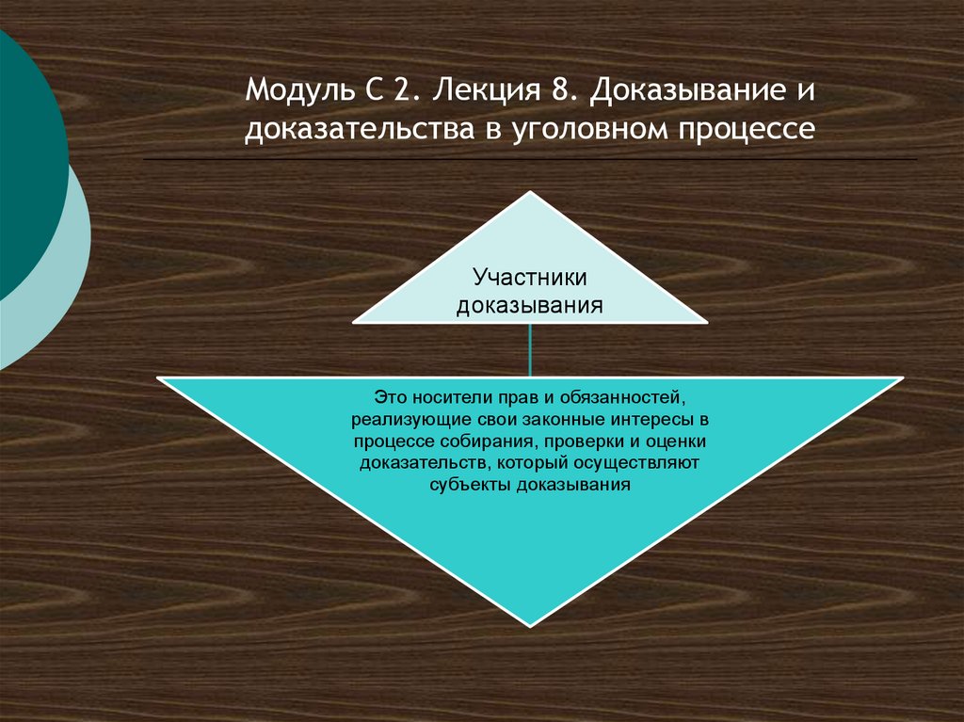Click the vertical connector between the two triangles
(531, 350)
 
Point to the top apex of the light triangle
(531, 193)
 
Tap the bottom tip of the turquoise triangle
(531, 623)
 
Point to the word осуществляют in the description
(644, 464)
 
